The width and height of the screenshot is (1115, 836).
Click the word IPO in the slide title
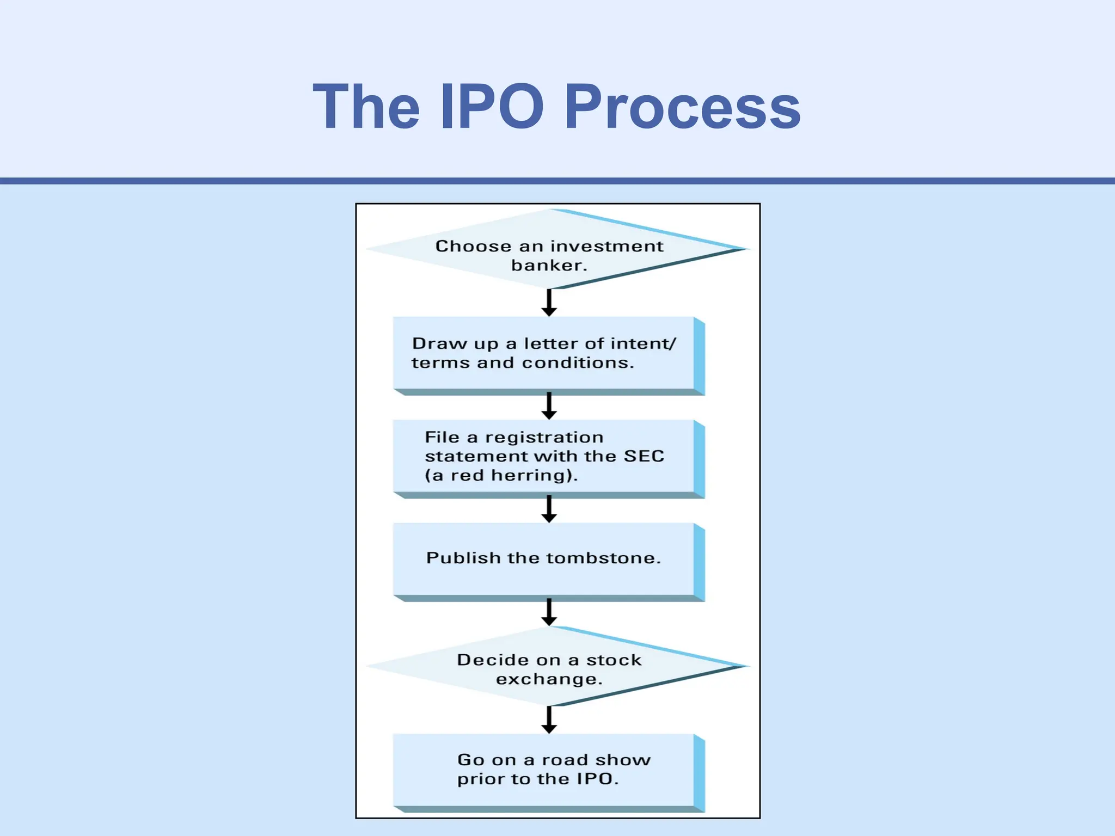coord(492,107)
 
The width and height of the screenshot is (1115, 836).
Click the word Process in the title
coord(682,107)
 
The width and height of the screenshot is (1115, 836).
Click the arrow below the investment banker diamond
coord(549,303)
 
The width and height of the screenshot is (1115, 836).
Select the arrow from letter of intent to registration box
coord(549,405)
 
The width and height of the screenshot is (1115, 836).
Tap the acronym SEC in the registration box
coord(644,456)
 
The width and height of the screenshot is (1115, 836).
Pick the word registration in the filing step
coord(544,437)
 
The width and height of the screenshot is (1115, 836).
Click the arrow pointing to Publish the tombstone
coord(549,509)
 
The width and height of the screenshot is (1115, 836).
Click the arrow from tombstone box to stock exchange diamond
coord(549,612)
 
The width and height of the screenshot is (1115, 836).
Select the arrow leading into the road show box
coord(549,720)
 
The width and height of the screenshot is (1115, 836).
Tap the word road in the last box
coord(565,760)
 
